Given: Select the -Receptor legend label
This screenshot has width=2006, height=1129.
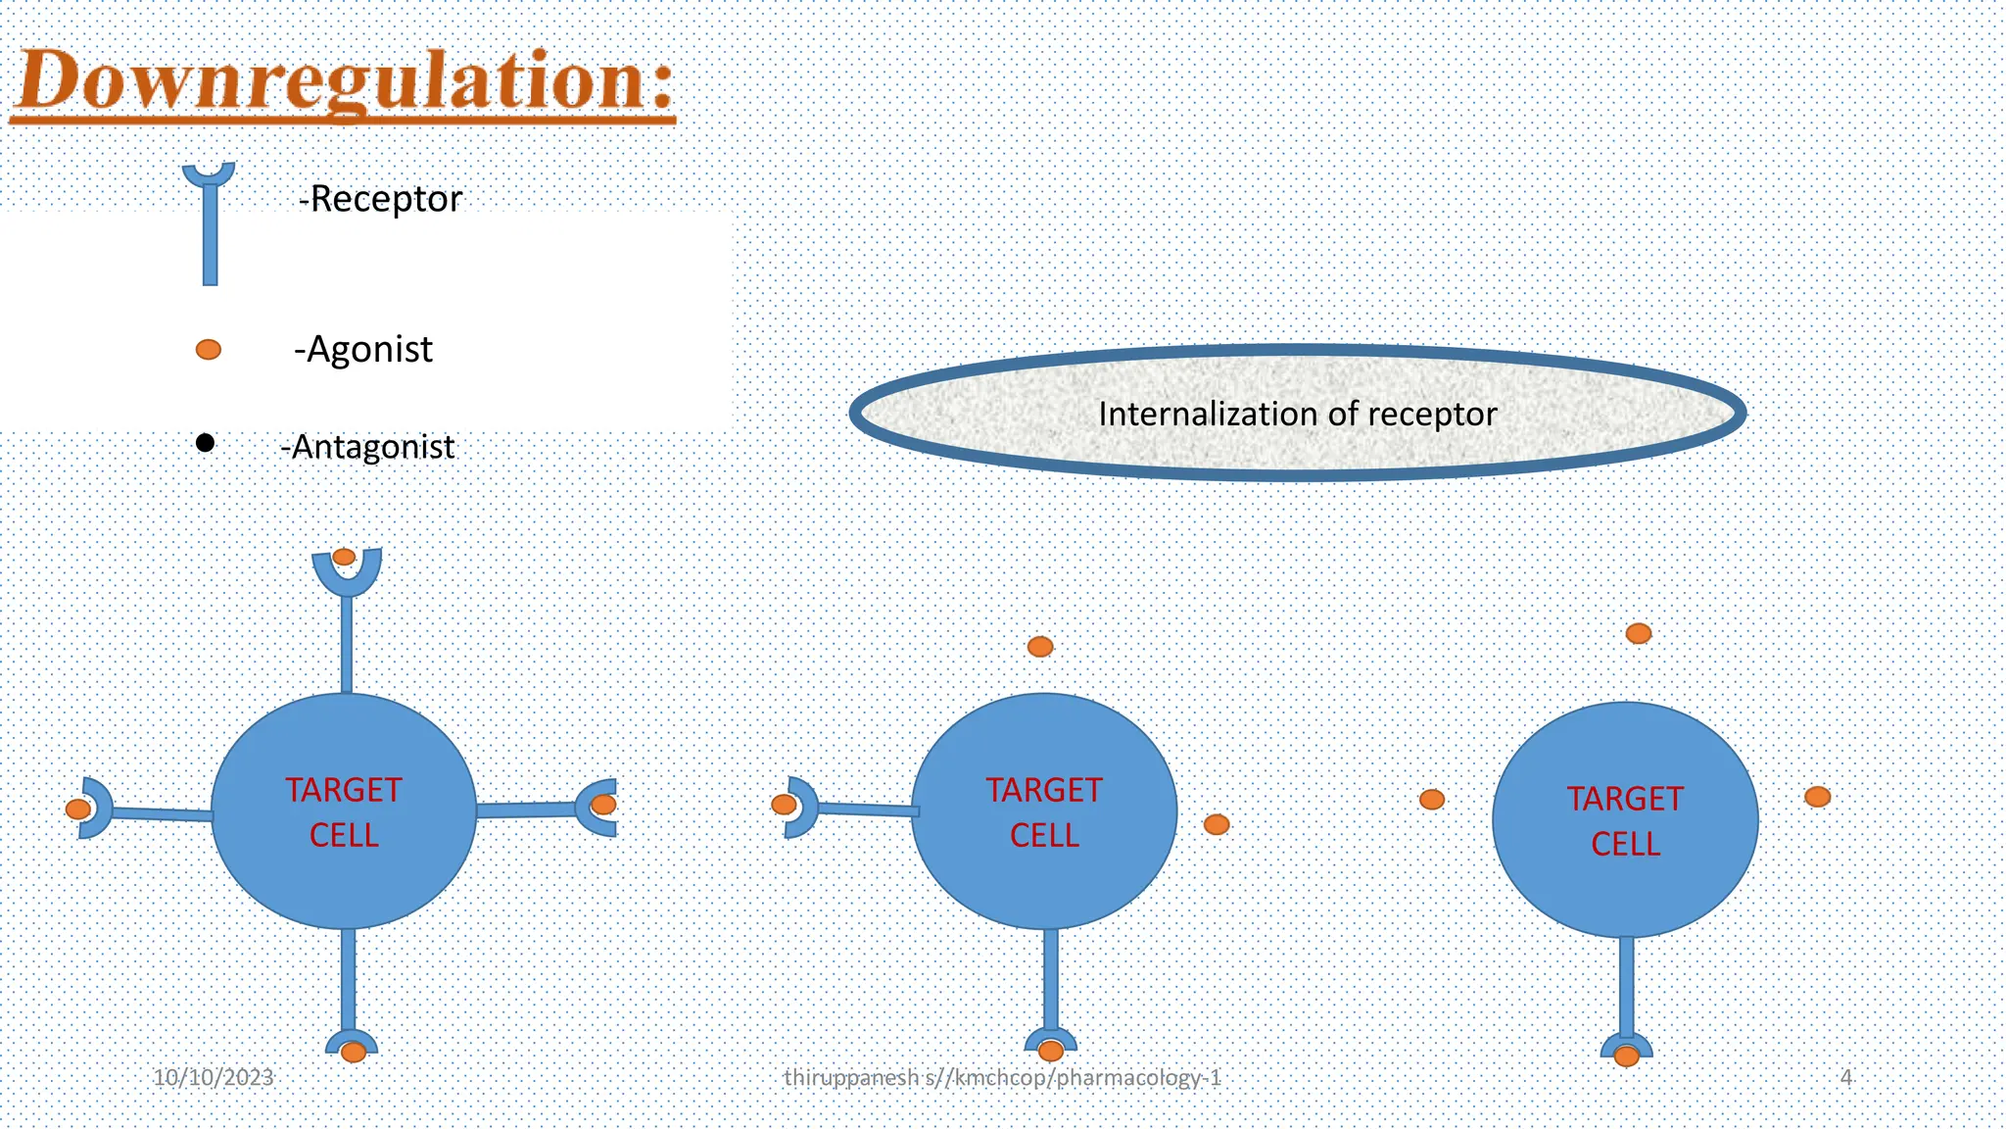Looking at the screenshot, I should (380, 199).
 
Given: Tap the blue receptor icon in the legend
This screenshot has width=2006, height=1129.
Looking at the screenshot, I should (209, 225).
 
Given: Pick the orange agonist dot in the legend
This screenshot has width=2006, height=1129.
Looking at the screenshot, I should (209, 349).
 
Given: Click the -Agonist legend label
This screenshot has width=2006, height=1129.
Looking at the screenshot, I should (363, 350).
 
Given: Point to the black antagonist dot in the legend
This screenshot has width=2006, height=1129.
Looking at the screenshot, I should (205, 443).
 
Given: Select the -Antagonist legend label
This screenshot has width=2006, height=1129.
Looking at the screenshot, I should (367, 447).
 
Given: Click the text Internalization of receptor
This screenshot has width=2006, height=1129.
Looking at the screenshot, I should (1297, 414).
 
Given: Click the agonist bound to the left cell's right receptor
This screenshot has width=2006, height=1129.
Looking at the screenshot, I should (604, 805).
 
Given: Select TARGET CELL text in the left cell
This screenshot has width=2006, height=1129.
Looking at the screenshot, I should (344, 812).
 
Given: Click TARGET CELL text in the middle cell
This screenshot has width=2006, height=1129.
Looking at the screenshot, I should (1044, 812).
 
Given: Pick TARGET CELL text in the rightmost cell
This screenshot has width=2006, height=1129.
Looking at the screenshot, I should (1625, 821).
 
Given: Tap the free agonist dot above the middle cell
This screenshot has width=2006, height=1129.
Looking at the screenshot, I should (1040, 647).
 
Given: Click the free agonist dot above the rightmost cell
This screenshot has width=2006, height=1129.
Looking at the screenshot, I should (1639, 633).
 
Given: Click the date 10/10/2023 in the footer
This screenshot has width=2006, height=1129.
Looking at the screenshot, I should (214, 1078).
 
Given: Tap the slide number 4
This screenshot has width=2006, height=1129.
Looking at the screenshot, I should (1846, 1078).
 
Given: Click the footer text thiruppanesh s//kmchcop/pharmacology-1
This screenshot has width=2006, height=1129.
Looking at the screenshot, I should (1002, 1078).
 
